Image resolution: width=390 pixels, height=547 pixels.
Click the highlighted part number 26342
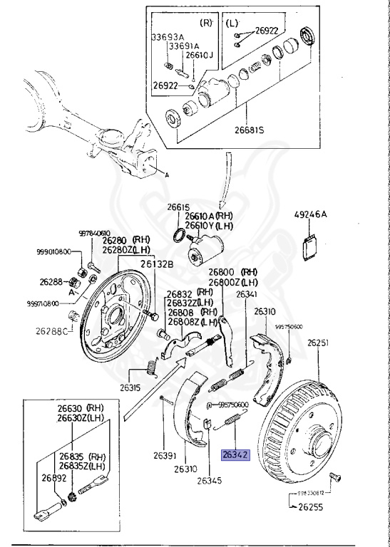235,454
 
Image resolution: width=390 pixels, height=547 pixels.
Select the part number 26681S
247,130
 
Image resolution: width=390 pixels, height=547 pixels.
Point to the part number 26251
319,343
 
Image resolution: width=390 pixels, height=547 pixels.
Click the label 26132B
156,264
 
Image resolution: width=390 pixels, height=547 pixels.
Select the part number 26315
131,388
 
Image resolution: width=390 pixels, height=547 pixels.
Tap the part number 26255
312,509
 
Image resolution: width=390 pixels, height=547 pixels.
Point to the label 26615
179,207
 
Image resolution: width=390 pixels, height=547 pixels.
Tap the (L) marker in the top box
232,22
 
